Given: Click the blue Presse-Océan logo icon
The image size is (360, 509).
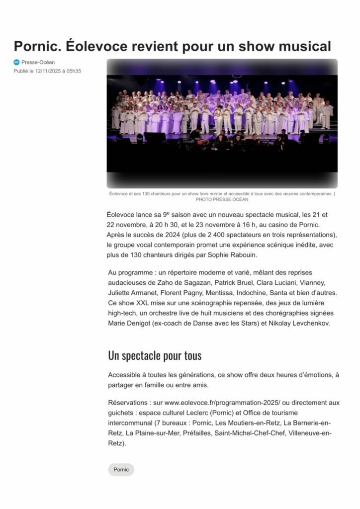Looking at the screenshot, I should click(16, 62).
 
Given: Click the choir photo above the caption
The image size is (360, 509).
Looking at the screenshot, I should click(222, 123).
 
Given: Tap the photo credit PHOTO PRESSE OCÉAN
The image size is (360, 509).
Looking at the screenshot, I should click(222, 199).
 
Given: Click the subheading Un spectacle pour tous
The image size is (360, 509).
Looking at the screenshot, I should click(155, 355).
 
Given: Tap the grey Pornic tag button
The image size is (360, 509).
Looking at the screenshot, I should click(121, 469).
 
